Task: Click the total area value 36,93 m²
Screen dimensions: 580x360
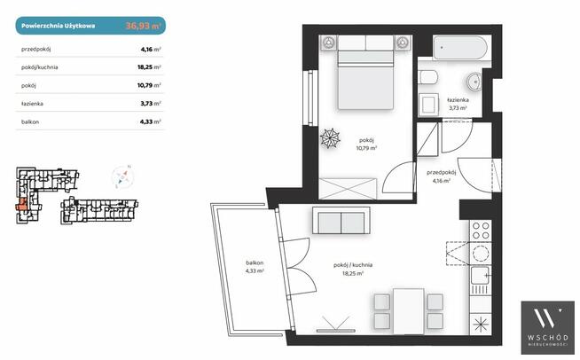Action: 143,26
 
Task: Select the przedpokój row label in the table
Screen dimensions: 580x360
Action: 35,49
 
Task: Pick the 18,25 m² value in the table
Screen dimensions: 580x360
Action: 149,67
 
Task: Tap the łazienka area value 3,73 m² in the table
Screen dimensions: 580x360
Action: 151,103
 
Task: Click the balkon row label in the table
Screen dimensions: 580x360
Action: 30,121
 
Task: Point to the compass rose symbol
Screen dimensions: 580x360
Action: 122,176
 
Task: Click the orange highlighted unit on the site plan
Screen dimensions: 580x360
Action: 21,205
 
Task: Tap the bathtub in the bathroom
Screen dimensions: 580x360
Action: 460,48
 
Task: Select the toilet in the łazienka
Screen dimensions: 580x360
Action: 428,77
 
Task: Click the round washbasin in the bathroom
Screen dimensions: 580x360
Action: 474,82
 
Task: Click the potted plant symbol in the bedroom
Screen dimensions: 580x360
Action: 330,138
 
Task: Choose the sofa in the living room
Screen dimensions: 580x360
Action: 341,221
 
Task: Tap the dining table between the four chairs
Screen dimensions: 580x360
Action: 408,311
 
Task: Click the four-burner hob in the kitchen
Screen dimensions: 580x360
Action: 481,231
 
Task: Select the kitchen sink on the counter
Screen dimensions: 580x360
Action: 481,276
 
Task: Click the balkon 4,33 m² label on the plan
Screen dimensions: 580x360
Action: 255,267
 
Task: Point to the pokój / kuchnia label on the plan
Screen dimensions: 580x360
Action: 353,265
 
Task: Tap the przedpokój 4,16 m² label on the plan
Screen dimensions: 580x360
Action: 442,176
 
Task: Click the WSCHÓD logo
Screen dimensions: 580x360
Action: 548,327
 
